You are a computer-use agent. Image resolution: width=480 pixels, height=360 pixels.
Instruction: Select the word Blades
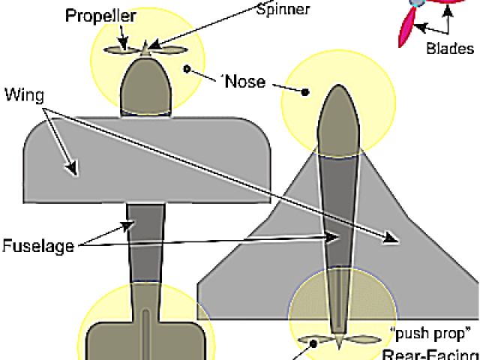450,49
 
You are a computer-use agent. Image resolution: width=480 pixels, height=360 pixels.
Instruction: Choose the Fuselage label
35,245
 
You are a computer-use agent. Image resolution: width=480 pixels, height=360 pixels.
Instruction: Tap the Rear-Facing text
430,353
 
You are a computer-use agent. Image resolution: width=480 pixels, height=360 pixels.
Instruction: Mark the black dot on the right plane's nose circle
305,93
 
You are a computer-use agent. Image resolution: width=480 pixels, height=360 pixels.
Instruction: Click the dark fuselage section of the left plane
146,240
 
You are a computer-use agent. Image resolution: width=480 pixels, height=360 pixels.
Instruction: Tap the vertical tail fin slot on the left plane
145,334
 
